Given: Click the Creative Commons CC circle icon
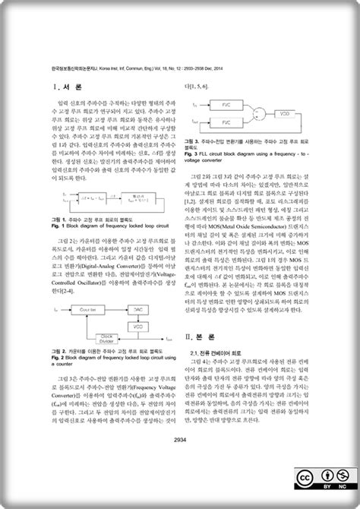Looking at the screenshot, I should pos(304,477).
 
